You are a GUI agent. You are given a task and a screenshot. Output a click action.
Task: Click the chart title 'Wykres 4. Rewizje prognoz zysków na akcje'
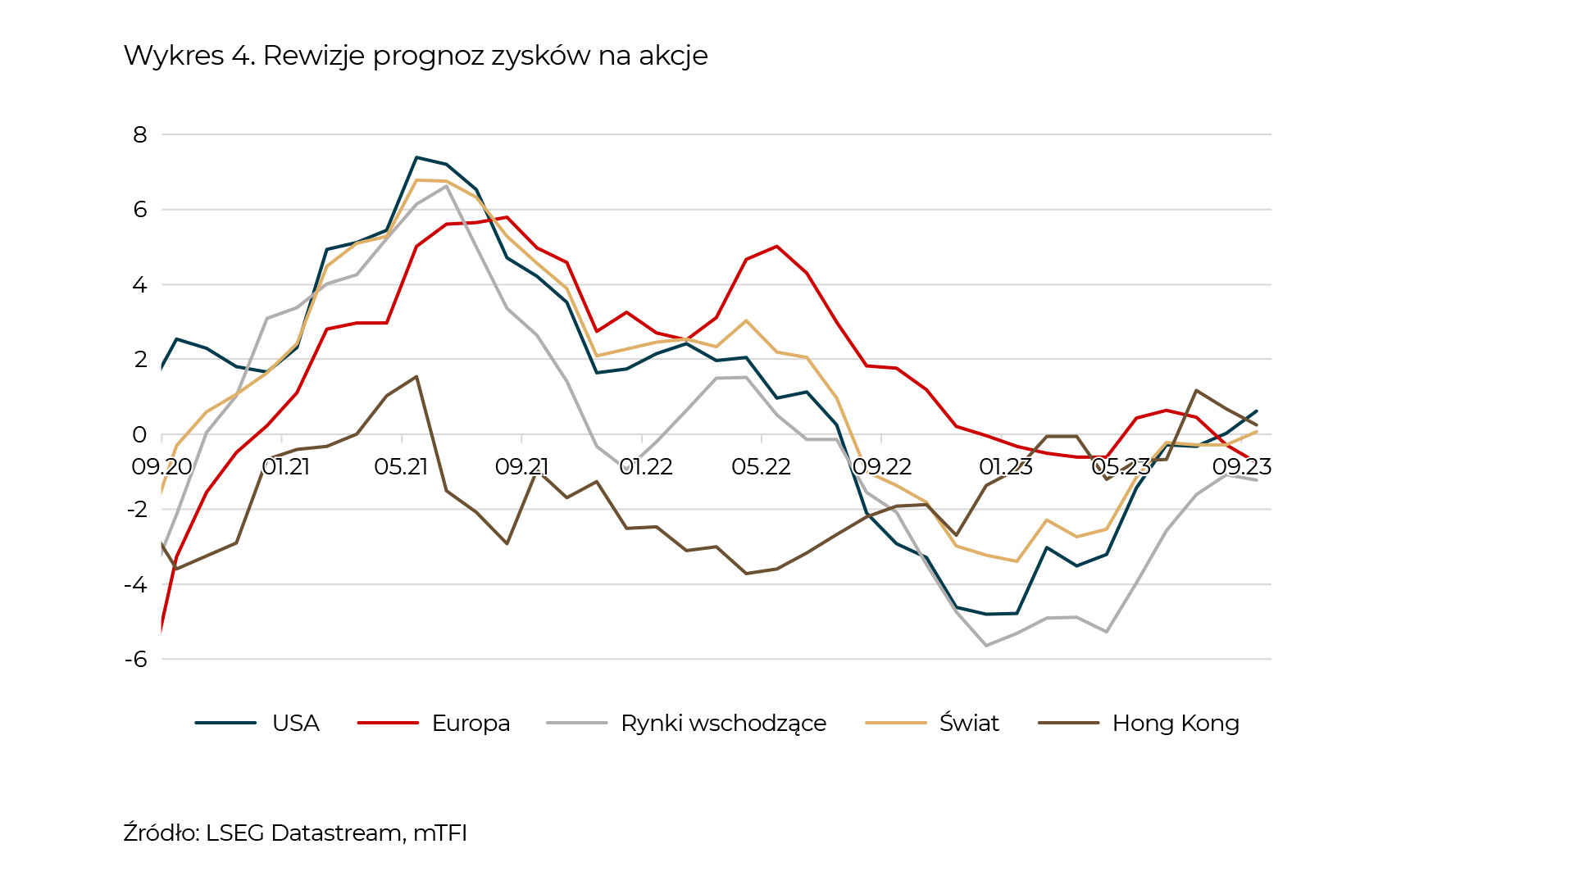point(416,56)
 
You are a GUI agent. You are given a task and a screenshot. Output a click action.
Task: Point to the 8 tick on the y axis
point(140,134)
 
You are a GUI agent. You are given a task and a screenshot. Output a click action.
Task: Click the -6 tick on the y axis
point(136,659)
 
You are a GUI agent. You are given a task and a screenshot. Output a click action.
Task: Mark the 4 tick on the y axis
point(140,284)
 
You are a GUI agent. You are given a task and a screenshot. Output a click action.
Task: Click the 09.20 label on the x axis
point(161,467)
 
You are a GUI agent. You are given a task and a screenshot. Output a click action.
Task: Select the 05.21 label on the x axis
point(401,467)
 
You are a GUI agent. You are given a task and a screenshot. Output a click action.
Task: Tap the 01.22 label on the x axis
point(646,467)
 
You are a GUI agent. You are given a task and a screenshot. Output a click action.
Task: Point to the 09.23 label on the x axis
point(1241,467)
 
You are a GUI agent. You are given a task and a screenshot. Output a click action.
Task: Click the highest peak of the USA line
point(416,157)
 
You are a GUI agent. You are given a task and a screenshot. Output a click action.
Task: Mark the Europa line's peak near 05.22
point(776,246)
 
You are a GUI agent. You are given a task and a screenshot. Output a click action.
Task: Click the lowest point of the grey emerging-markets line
point(986,646)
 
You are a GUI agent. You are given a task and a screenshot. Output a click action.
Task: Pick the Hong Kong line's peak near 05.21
point(416,377)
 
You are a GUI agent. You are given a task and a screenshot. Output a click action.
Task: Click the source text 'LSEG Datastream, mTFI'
point(336,833)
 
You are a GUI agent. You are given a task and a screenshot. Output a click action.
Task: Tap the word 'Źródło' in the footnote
point(159,833)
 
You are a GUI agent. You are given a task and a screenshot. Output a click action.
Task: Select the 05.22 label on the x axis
point(761,467)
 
